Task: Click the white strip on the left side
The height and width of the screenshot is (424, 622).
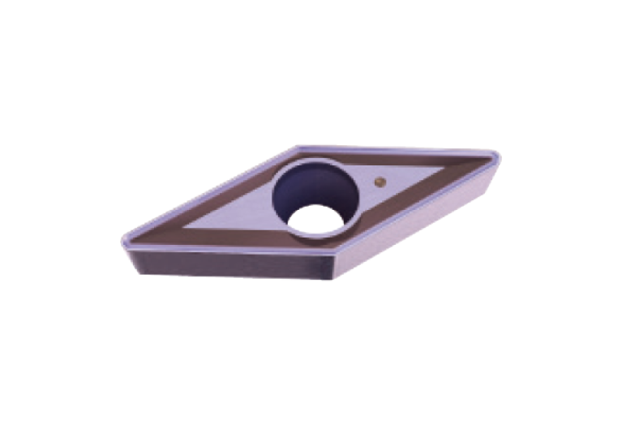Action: [x=49, y=212]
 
